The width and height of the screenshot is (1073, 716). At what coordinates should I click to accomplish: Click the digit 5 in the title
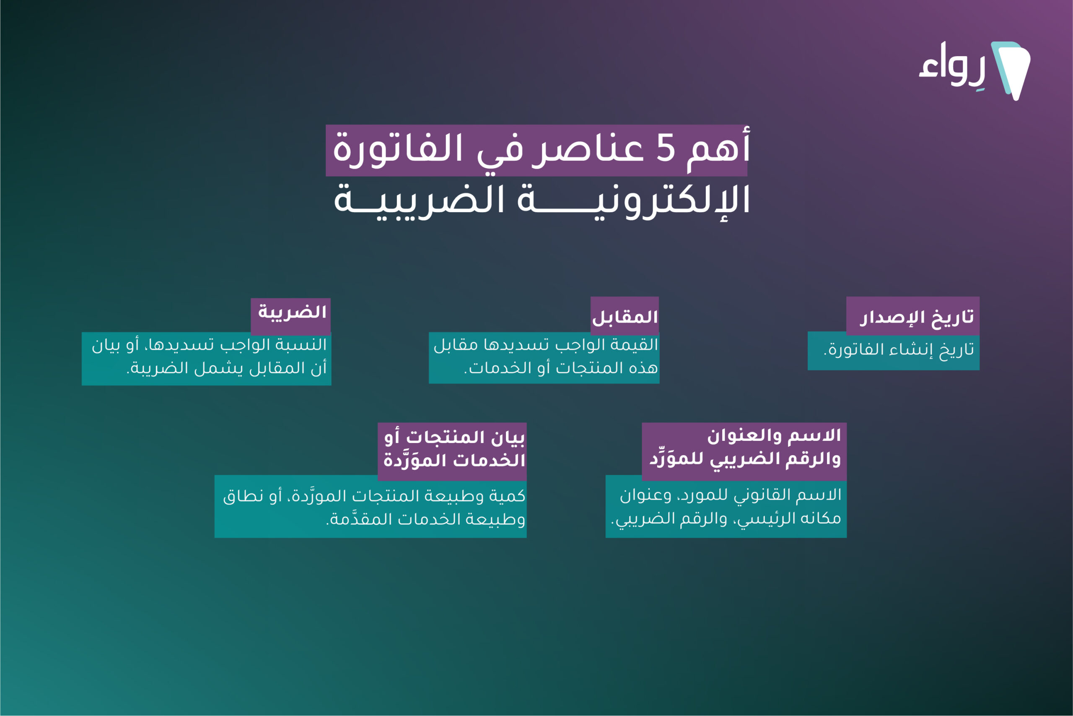[x=666, y=149]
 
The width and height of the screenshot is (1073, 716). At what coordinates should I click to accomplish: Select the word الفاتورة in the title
[x=398, y=149]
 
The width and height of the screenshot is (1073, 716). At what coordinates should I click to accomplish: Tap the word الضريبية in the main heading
[x=419, y=200]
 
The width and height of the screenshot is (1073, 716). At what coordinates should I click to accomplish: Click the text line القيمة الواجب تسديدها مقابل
[x=546, y=344]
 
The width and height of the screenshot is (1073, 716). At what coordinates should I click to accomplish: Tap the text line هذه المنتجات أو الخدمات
[x=561, y=367]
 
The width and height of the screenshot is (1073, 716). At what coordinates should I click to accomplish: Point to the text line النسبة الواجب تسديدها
[x=209, y=345]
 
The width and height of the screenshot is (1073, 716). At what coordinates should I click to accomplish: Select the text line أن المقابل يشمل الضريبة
[x=226, y=368]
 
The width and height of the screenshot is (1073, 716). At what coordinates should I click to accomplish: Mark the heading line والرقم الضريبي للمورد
[x=745, y=458]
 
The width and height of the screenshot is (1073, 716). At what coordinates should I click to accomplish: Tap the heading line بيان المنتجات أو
[x=454, y=437]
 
